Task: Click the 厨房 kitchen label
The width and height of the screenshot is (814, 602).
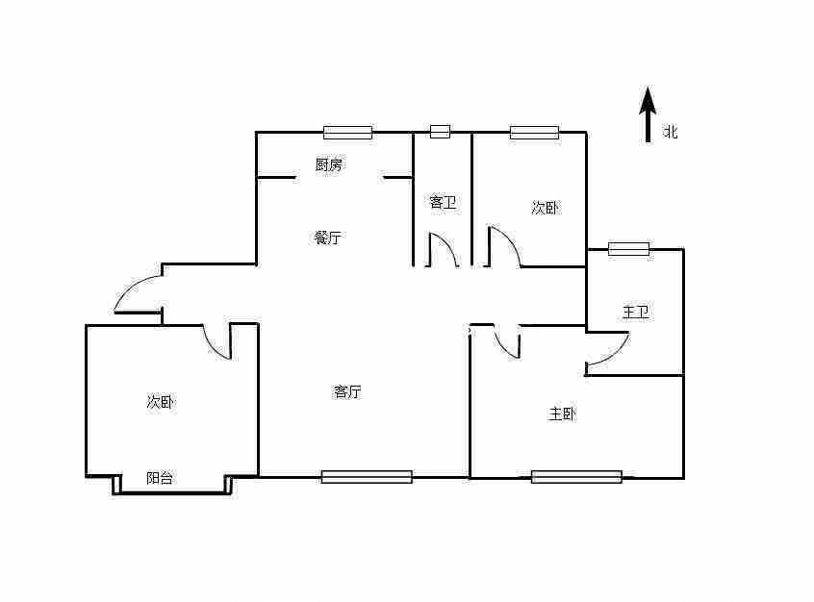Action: pos(329,164)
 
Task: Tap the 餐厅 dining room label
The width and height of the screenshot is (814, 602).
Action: pos(327,238)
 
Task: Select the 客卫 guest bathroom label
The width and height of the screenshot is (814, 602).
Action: pos(442,202)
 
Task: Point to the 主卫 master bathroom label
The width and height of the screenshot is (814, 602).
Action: pos(635,312)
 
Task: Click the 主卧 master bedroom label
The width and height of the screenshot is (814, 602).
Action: pos(562,414)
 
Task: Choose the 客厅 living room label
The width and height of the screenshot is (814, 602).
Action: pos(347,391)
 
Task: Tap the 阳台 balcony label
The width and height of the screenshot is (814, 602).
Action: pos(160,478)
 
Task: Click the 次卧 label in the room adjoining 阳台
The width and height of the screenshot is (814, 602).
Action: pos(161,402)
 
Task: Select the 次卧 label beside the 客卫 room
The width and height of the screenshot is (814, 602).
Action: pos(546,208)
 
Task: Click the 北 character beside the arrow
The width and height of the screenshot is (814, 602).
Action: pos(671,132)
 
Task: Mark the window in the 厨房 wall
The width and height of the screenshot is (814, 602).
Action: pos(347,133)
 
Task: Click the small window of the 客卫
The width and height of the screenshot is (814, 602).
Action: pos(440,132)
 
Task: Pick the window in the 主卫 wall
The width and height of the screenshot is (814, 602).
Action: pos(628,249)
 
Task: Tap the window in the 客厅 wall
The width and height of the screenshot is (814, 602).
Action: pos(367,476)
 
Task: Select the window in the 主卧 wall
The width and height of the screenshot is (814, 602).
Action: pos(576,476)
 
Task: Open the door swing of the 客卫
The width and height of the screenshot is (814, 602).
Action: pos(444,250)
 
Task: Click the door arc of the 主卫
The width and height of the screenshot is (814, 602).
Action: pos(608,351)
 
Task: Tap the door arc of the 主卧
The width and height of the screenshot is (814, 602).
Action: pos(506,343)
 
